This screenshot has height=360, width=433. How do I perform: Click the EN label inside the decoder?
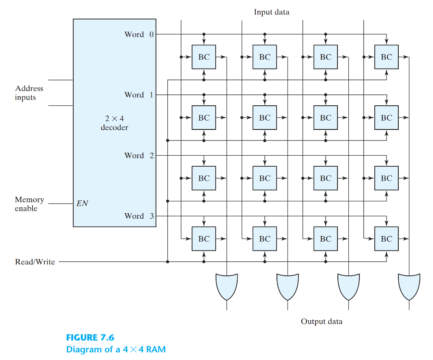click(x=82, y=203)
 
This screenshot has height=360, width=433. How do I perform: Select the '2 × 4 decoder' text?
click(x=114, y=123)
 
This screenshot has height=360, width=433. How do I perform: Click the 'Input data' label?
click(x=271, y=12)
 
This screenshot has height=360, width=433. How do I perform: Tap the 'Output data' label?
click(x=321, y=322)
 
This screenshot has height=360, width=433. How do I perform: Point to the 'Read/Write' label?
click(x=35, y=262)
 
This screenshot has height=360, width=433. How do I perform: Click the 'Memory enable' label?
click(x=29, y=204)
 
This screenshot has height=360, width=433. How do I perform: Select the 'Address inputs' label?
click(x=29, y=93)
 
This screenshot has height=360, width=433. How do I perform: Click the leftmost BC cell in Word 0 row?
click(x=204, y=57)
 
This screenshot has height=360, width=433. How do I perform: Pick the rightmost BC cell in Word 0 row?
click(x=386, y=57)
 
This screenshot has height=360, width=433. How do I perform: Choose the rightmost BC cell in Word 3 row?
click(x=386, y=239)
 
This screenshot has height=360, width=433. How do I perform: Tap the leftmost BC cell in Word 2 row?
click(x=204, y=178)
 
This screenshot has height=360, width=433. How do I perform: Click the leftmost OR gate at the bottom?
click(x=227, y=286)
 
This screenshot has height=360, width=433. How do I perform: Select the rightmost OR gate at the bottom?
click(x=409, y=286)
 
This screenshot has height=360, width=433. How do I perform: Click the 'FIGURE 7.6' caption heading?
click(x=90, y=337)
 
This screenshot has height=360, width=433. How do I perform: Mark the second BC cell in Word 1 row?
click(x=265, y=118)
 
